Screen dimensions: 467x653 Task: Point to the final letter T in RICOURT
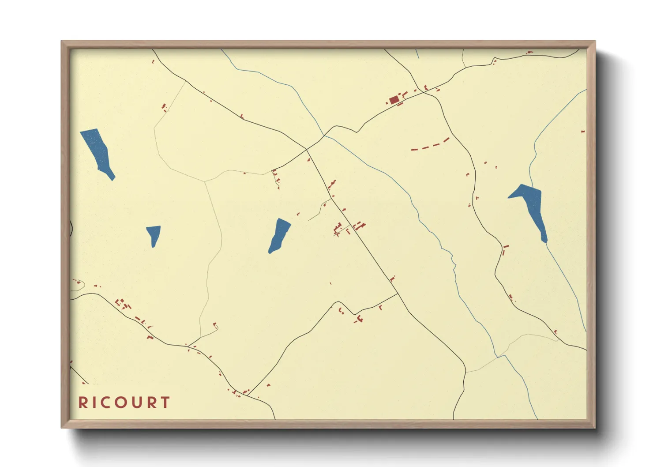tap(165, 403)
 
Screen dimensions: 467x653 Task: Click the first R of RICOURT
tap(83, 403)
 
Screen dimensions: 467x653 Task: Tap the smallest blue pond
tap(154, 234)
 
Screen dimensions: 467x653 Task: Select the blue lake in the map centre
tap(279, 236)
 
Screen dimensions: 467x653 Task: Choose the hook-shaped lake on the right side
tap(531, 205)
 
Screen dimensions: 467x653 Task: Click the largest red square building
tap(394, 100)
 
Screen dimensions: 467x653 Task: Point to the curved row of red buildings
tap(431, 145)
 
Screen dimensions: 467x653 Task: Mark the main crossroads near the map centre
tap(307, 149)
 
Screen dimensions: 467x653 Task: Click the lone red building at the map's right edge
tap(583, 132)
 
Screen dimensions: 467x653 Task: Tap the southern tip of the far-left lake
tap(113, 179)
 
